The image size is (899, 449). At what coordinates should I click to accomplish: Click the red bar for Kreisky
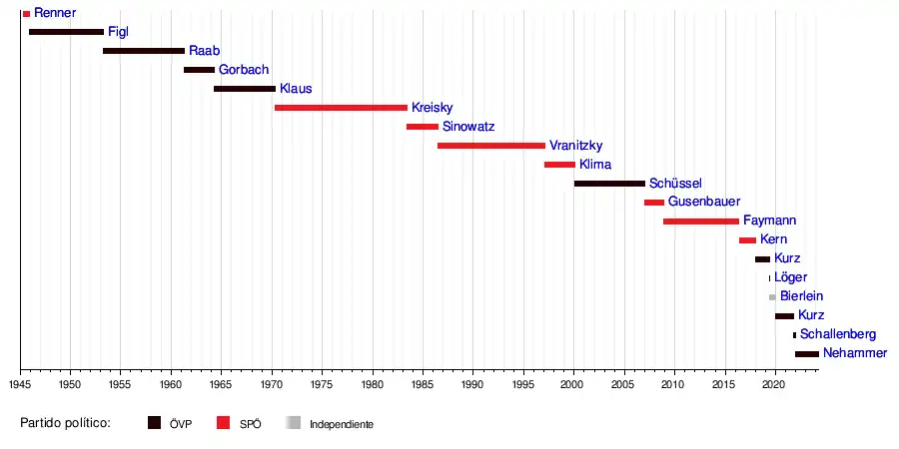(341, 108)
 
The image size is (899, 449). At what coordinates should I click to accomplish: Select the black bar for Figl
(66, 32)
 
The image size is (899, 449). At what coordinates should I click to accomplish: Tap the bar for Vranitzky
(491, 146)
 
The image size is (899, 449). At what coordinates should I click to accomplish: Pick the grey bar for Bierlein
(772, 297)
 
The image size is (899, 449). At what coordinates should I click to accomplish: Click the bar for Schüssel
(609, 184)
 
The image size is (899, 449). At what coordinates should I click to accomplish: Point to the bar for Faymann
(701, 222)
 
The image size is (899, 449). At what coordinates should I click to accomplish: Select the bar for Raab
(144, 51)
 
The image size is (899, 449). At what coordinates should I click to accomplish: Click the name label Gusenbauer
(704, 202)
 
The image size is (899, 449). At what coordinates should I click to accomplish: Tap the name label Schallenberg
(838, 334)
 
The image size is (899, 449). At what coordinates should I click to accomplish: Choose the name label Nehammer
(855, 353)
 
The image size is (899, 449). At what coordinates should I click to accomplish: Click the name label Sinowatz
(468, 127)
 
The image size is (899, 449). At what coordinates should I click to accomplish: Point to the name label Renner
(55, 13)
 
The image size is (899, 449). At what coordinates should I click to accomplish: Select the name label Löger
(790, 277)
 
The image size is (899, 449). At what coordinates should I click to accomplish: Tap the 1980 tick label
(373, 383)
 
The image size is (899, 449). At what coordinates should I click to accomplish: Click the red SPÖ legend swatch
(224, 423)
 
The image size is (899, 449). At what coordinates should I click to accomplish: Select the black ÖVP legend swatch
(155, 423)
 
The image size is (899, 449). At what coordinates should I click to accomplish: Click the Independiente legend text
(342, 424)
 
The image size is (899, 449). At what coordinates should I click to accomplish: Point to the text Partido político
(65, 423)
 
